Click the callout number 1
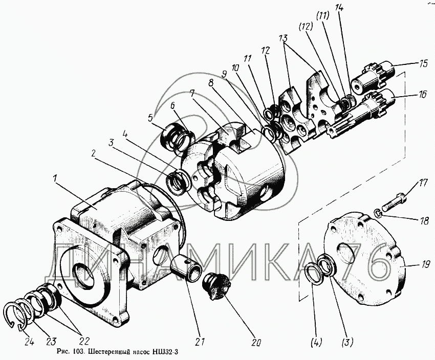tap(55, 179)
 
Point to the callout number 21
tap(200, 342)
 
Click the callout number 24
tap(29, 342)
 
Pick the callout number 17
tap(423, 184)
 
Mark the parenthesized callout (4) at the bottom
tap(316, 342)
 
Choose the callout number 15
tap(423, 64)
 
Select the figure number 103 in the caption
tap(78, 352)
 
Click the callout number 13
tap(284, 38)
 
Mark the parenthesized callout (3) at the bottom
tap(347, 343)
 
